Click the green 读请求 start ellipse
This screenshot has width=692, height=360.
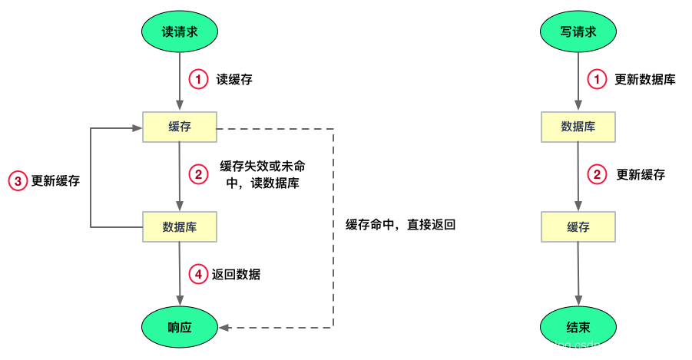pos(180,31)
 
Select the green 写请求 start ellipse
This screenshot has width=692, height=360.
pos(578,31)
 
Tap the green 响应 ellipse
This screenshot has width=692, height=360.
pos(180,327)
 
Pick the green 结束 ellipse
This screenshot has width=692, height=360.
pos(578,327)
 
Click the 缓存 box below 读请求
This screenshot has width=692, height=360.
pos(180,127)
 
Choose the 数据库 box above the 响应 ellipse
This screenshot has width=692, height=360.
pos(180,226)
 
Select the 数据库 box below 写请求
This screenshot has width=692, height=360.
pos(578,127)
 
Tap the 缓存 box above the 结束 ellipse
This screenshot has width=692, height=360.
pos(578,226)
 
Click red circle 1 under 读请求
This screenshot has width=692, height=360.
pos(198,79)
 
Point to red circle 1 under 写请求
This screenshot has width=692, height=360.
pos(597,79)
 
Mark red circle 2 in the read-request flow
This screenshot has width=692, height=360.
pos(198,175)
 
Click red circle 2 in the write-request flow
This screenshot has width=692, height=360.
pos(597,175)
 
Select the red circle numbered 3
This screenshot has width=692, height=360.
pos(18,181)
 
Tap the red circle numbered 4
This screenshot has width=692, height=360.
pos(198,274)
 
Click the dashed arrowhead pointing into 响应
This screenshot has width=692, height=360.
pos(223,328)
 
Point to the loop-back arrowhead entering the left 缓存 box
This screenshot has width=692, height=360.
pos(137,127)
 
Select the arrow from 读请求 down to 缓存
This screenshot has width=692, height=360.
pos(180,81)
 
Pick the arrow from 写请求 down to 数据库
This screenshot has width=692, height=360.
pos(578,81)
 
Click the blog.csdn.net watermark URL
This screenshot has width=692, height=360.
pos(598,346)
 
